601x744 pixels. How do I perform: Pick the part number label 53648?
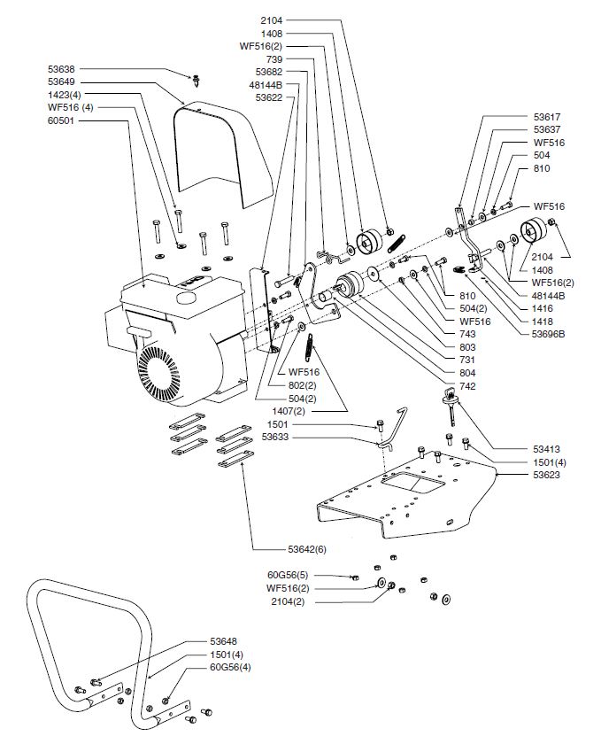pos(224,640)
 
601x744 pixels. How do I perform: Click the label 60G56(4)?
pos(229,667)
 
